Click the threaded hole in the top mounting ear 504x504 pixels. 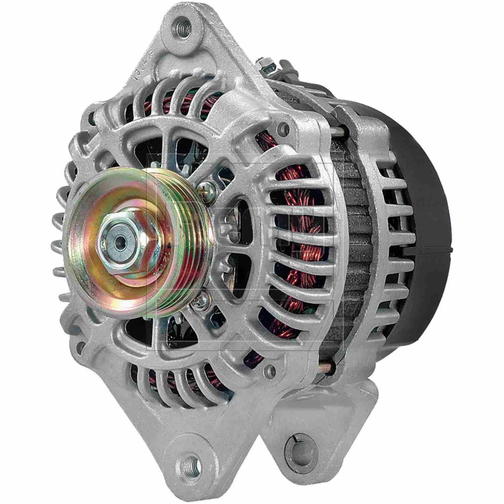[181, 24]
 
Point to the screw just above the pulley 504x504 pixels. [204, 186]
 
